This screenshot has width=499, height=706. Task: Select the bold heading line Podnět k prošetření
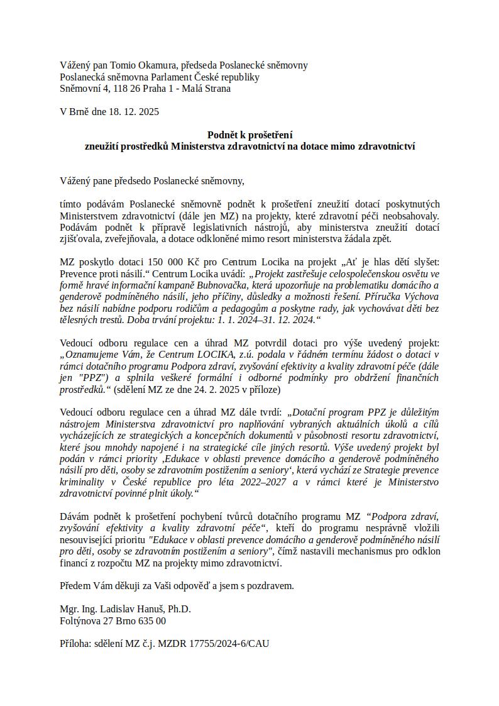click(x=249, y=135)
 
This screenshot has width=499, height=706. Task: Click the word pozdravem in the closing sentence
click(x=271, y=586)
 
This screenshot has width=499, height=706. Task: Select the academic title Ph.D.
click(x=178, y=609)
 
